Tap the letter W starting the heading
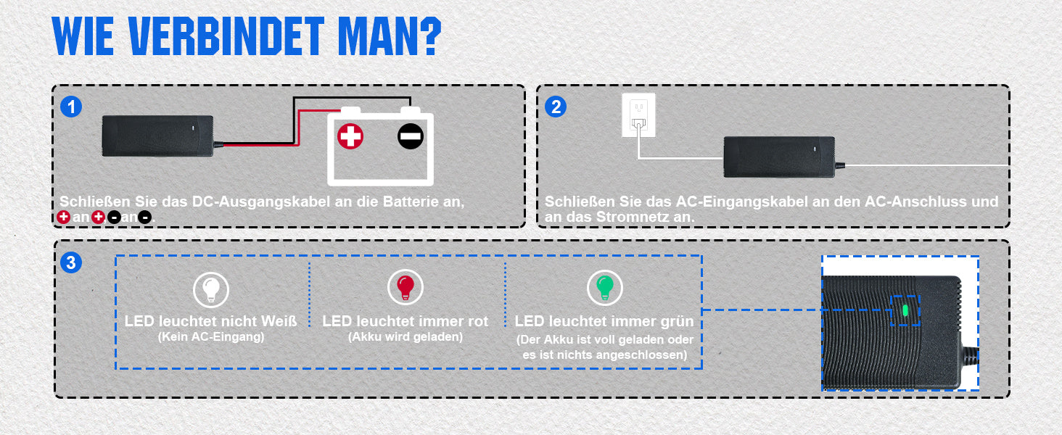click(x=69, y=36)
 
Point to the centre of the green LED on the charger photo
click(x=905, y=311)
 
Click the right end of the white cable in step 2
click(x=1008, y=165)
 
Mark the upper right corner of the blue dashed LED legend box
click(x=701, y=256)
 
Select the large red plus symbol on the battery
click(x=350, y=136)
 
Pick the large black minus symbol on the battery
click(x=411, y=136)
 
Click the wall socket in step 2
click(x=638, y=115)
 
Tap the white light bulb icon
click(x=211, y=289)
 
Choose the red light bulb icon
click(x=406, y=287)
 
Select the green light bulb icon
click(x=605, y=287)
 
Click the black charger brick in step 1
click(x=158, y=136)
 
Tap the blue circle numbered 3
click(x=71, y=262)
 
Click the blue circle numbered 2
click(x=556, y=107)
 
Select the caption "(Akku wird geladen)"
click(x=406, y=337)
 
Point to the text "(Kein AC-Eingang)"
click(x=211, y=337)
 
